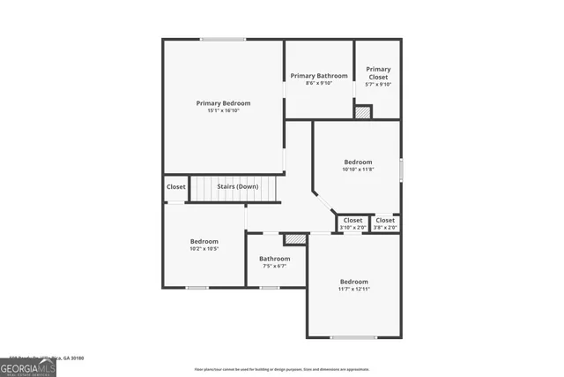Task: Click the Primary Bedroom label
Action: (x=223, y=103)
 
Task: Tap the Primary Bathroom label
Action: (x=318, y=76)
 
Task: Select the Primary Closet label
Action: (x=378, y=69)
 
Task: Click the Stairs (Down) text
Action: (x=238, y=186)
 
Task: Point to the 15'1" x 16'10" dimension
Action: (x=223, y=111)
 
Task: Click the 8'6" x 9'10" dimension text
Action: (x=318, y=84)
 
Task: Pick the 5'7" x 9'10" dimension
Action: (x=378, y=85)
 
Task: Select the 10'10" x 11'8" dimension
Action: (x=358, y=170)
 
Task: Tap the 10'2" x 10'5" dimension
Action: (x=204, y=249)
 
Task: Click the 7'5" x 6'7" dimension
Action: (x=274, y=266)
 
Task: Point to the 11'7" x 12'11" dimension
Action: (x=353, y=290)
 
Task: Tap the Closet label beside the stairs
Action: (x=176, y=187)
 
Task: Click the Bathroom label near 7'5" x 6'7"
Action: (x=274, y=259)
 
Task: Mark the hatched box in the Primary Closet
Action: (x=363, y=112)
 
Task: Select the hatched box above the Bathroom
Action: (x=294, y=238)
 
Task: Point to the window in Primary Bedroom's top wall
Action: (x=222, y=39)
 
